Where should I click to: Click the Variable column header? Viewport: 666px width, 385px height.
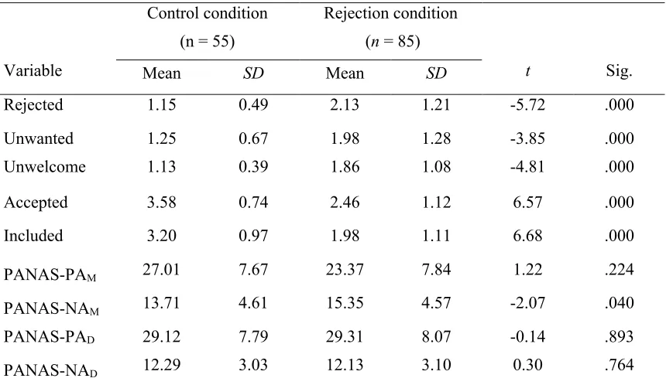point(33,70)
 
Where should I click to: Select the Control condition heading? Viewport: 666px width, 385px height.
point(208,13)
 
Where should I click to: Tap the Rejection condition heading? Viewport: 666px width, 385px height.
point(390,13)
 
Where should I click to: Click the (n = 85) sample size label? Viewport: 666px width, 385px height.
point(393,42)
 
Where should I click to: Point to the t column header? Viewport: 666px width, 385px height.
point(527,71)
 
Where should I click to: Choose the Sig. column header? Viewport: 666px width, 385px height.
point(619,70)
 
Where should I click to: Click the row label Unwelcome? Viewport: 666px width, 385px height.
point(45,167)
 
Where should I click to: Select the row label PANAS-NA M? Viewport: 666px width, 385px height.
point(51,308)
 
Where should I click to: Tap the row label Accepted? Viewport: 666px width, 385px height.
point(36,203)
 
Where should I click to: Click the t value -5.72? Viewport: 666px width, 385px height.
point(527,104)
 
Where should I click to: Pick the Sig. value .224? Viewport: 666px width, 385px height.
point(620,269)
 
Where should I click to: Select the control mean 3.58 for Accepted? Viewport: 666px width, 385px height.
point(161,202)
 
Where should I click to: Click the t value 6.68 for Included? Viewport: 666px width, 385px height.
point(527,236)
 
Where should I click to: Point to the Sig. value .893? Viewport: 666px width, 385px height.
point(620,336)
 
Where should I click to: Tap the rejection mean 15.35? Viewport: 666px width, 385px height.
point(345,303)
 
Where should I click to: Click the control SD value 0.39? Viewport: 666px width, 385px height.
point(253,167)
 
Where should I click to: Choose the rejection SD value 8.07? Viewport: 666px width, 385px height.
point(436,336)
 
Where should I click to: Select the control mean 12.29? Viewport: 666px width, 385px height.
point(161,365)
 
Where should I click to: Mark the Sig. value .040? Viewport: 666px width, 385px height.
point(620,303)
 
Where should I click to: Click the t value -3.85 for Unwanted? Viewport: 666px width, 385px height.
point(527,138)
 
